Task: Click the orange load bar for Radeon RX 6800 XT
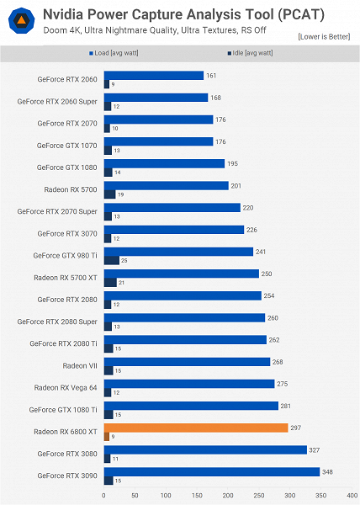[x=196, y=428]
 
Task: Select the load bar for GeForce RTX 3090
[x=211, y=471]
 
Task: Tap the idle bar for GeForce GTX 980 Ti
[x=111, y=260]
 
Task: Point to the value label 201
[x=237, y=185]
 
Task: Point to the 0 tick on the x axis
[x=103, y=495]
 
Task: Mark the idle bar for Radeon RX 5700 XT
[x=109, y=282]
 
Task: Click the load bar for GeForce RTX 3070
[x=173, y=229]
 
